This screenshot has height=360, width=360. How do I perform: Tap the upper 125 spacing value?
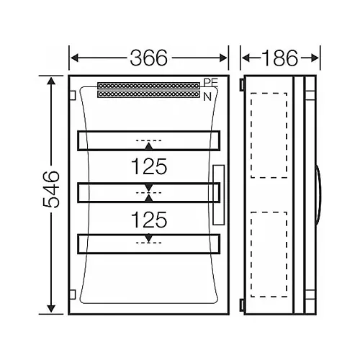point(148,167)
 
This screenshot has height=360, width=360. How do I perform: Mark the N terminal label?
point(208,96)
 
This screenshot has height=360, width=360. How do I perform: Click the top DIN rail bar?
point(148,140)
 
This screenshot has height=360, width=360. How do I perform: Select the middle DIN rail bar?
point(148,192)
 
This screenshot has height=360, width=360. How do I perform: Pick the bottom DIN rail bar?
point(148,243)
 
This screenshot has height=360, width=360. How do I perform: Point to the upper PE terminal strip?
point(150,86)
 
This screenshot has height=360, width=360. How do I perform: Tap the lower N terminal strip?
point(150,94)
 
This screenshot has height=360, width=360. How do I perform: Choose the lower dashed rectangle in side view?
point(269,256)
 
